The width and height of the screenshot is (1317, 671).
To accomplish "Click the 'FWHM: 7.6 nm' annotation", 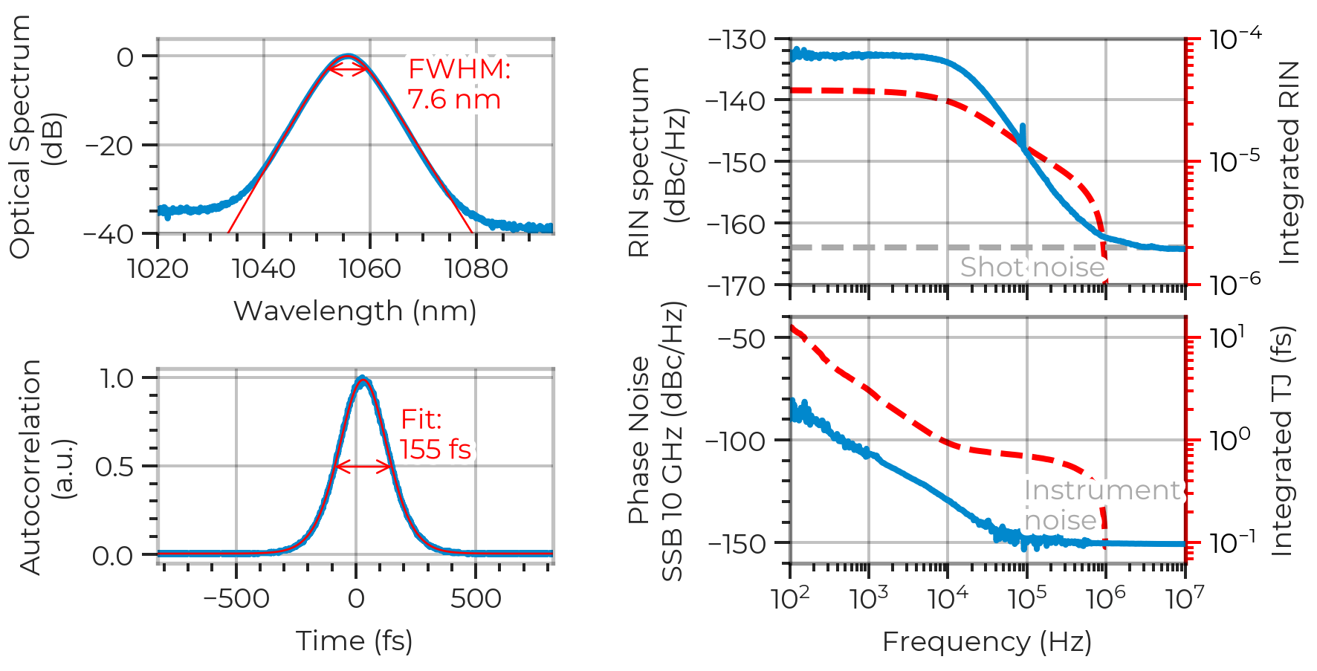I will pos(459,83).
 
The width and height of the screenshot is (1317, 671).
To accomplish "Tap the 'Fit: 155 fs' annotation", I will pos(436,435).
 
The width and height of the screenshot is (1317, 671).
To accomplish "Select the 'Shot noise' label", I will pos(1032,267).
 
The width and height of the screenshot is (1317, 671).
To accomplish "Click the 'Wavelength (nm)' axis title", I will pos(355,311).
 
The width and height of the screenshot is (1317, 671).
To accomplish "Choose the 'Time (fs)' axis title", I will pos(355,640).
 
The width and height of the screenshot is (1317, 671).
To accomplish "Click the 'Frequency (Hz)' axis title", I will pos(987,641).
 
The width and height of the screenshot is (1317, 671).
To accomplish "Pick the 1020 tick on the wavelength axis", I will pos(158,268).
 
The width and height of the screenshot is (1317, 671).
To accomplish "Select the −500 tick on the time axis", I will pos(236,598).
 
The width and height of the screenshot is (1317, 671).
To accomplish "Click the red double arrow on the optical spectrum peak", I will pos(349,70).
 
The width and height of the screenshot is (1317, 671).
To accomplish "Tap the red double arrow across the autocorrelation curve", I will pos(363,467).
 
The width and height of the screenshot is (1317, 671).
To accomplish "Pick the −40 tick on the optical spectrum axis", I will pos(111,234).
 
